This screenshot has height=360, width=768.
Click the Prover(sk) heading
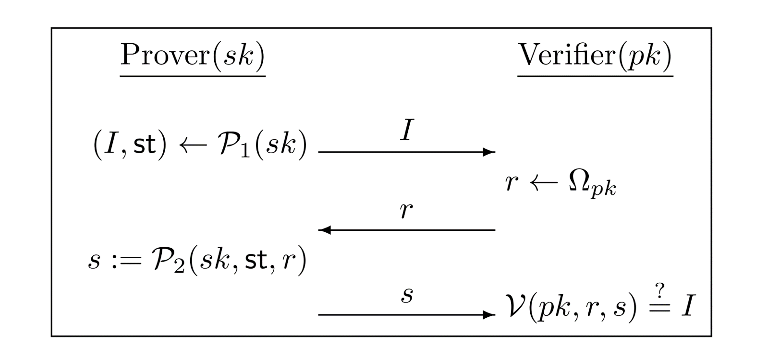point(192,55)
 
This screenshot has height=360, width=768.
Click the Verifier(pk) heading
point(595,55)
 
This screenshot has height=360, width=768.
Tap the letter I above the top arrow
point(406,130)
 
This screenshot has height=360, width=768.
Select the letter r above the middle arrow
point(406,211)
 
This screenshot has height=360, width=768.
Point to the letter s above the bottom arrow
point(407,295)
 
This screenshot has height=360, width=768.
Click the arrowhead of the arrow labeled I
point(489,152)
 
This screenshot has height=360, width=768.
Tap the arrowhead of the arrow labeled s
point(489,315)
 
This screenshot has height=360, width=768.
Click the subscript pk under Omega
point(604,190)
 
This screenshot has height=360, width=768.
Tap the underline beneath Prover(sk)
point(192,76)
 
